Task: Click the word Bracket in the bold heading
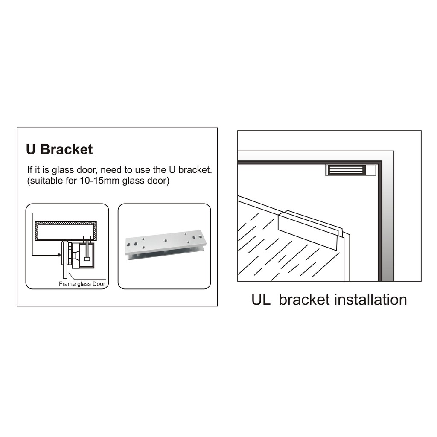[x=66, y=149]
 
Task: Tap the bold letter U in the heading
[x=31, y=149]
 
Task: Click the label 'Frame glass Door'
[x=82, y=284]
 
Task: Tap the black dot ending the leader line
[x=59, y=255]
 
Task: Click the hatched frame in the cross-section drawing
[x=66, y=223]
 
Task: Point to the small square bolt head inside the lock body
[x=87, y=259]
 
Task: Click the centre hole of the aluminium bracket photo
[x=166, y=240]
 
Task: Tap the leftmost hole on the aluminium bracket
[x=128, y=245]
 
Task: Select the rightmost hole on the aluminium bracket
[x=201, y=237]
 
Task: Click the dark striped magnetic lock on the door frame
[x=347, y=170]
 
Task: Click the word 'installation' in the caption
[x=370, y=300]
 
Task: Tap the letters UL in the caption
[x=261, y=300]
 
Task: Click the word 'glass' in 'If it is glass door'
[x=63, y=170]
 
